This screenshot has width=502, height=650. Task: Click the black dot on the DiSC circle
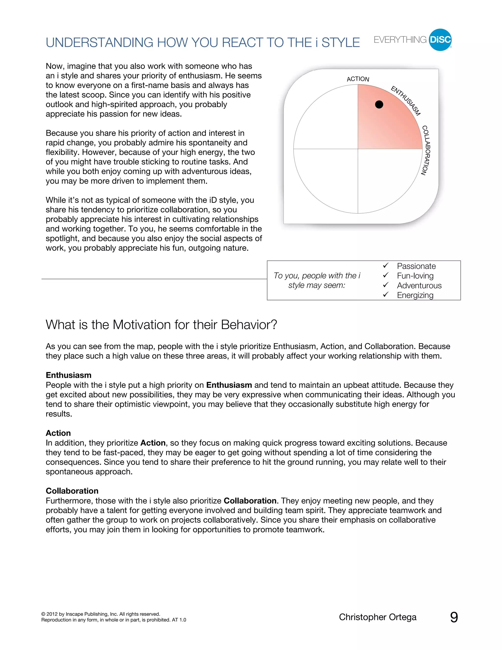click(x=379, y=104)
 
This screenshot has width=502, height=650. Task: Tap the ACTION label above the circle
click(x=358, y=79)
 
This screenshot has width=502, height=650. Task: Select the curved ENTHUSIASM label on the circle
click(x=406, y=101)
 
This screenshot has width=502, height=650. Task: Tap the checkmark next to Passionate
click(x=386, y=265)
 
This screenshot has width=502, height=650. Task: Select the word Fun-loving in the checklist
click(x=415, y=276)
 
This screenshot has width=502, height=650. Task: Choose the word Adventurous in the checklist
click(x=419, y=286)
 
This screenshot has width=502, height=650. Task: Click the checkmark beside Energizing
click(x=386, y=294)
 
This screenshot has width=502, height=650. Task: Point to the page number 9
click(x=454, y=617)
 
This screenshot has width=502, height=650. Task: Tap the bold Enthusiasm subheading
click(x=68, y=375)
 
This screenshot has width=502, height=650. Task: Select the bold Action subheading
click(x=58, y=433)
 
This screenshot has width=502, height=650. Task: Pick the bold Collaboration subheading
click(x=72, y=491)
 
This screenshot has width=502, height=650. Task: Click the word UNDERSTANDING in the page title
click(x=99, y=43)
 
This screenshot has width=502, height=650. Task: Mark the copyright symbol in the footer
click(x=43, y=614)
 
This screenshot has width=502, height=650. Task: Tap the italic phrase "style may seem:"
click(x=317, y=286)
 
